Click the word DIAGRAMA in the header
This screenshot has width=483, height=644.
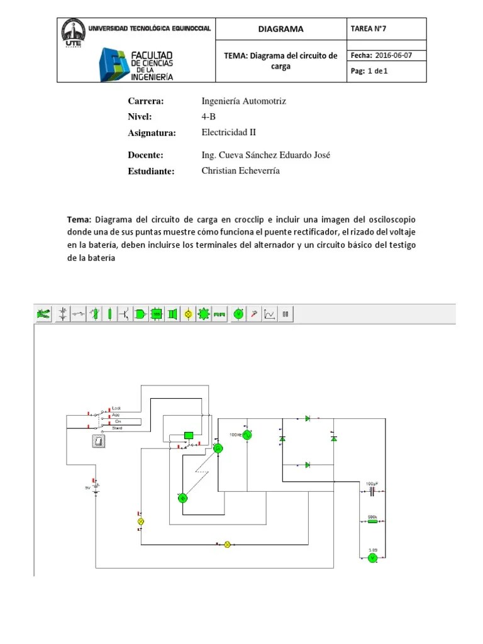[x=280, y=29]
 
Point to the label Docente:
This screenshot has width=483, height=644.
[x=145, y=155]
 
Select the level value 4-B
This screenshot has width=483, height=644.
[x=208, y=116]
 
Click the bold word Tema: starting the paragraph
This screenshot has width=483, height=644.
[x=79, y=219]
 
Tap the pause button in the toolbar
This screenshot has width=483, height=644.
[x=285, y=314]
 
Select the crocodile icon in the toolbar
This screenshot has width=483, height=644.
[x=43, y=314]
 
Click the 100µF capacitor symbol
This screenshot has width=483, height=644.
[x=372, y=490]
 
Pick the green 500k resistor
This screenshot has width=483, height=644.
[x=372, y=521]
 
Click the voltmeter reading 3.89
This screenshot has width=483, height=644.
[x=372, y=557]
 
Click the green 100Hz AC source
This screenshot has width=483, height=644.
[x=247, y=435]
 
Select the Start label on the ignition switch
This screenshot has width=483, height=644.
[x=117, y=428]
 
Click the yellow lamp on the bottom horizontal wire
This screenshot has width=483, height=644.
[x=228, y=545]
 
